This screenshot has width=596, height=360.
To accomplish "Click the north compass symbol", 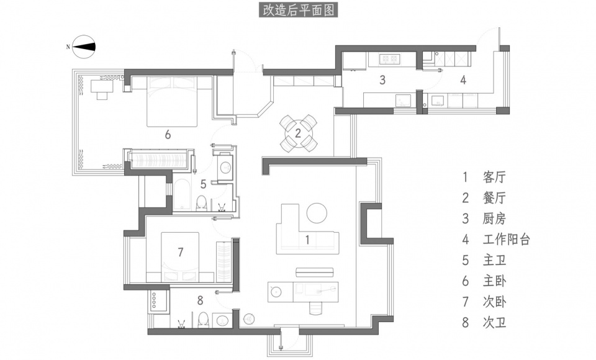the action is tap(84, 47).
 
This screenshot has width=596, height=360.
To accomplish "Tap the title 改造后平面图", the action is tap(299, 11).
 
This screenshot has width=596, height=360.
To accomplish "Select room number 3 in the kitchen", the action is tap(383, 80).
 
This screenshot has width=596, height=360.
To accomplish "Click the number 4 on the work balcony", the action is tap(463, 80).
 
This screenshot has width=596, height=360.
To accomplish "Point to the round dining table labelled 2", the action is tap(299, 133).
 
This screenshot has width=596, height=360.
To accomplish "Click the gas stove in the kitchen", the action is tap(389, 58).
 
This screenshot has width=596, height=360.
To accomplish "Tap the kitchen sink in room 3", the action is tap(404, 101).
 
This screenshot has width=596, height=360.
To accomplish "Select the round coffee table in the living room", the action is tap(317, 213).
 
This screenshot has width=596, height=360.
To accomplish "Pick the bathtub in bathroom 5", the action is tap(184, 195).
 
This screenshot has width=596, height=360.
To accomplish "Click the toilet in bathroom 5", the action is tap(201, 203).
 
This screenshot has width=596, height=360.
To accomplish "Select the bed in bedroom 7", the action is tap(180, 257).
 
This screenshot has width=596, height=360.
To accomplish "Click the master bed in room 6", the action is tap(172, 101).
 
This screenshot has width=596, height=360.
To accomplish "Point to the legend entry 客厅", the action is tap(495, 177).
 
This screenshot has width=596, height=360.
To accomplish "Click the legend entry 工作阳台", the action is tap(507, 239).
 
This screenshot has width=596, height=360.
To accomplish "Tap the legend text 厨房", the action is tap(495, 218).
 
